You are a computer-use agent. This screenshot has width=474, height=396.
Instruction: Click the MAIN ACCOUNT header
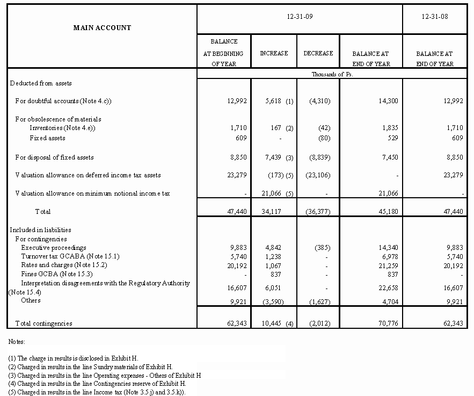click(x=102, y=27)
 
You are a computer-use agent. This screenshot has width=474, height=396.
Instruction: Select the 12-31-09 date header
click(x=300, y=17)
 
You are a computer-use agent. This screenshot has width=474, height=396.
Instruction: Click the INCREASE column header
click(x=274, y=53)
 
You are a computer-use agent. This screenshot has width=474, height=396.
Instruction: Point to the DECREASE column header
click(x=318, y=53)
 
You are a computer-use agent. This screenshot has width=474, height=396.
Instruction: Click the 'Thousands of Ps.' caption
click(x=332, y=74)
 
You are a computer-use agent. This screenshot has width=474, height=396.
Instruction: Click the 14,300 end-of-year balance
click(x=388, y=101)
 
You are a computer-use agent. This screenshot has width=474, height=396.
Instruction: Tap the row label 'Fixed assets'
click(x=48, y=138)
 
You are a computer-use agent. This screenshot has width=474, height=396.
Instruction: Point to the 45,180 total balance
click(x=388, y=212)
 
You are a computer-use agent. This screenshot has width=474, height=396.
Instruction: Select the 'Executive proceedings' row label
click(x=54, y=248)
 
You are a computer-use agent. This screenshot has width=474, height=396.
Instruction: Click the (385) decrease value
click(x=322, y=248)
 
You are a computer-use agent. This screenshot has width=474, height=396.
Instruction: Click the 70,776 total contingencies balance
click(x=388, y=323)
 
